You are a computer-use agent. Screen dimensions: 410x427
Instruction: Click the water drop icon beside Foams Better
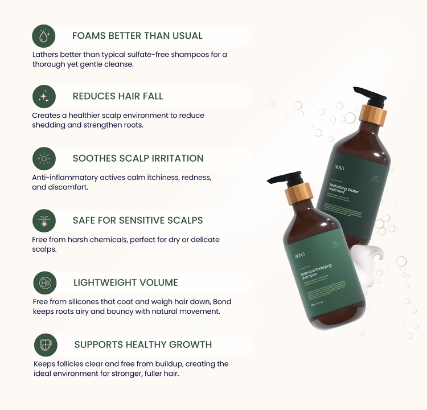point(44,36)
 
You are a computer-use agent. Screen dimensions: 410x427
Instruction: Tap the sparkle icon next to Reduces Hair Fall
point(44,97)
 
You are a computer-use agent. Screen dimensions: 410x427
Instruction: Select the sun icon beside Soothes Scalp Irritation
point(44,158)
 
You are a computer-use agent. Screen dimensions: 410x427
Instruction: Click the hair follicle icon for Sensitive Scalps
point(44,220)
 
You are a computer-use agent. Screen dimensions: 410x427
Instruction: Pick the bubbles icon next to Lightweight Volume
point(44,282)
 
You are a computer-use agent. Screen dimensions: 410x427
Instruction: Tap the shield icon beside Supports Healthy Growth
point(46,345)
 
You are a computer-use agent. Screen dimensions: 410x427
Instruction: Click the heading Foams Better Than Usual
point(137,36)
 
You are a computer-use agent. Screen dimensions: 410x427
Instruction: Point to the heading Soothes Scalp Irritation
point(138,158)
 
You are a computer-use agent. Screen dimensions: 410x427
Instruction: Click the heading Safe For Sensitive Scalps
point(138,220)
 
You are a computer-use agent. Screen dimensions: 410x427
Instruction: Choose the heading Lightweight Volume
point(126,282)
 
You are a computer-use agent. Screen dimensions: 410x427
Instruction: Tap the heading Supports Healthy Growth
point(143,345)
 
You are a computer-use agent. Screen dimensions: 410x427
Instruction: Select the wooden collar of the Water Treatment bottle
point(373,116)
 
